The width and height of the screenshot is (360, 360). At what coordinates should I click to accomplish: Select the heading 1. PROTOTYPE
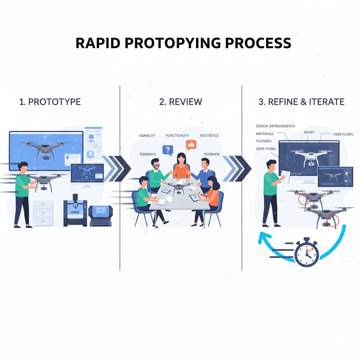(x=50, y=102)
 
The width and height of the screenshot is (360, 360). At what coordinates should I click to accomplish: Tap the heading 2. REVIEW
(x=181, y=102)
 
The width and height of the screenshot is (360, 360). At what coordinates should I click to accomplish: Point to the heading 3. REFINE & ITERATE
(x=301, y=102)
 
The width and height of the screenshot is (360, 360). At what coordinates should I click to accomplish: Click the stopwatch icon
(x=306, y=253)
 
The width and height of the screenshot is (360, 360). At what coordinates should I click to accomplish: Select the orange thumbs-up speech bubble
(x=191, y=144)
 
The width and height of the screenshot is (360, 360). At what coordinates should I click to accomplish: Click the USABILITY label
(x=147, y=135)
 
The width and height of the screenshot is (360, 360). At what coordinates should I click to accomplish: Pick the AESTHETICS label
(x=209, y=135)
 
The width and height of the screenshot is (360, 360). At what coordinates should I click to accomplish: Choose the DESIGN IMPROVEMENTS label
(x=275, y=126)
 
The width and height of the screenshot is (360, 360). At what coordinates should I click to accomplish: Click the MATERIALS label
(x=265, y=134)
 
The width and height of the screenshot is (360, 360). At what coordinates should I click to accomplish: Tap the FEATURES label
(x=264, y=141)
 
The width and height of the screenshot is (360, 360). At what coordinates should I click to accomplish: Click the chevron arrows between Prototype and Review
(x=116, y=168)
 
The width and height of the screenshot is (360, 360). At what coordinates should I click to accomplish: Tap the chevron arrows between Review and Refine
(x=238, y=168)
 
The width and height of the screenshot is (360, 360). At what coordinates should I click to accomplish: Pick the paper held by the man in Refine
(x=285, y=176)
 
